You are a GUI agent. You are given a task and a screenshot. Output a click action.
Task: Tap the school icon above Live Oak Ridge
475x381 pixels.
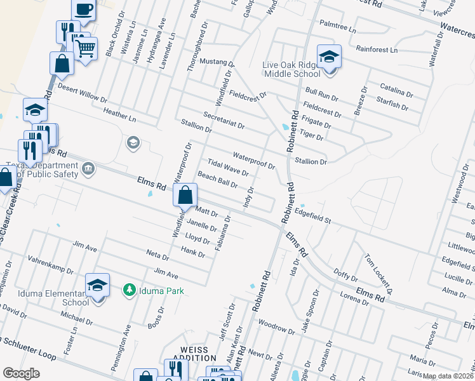click(x=329, y=57)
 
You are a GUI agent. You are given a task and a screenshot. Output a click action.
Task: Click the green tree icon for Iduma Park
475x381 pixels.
click(x=129, y=290)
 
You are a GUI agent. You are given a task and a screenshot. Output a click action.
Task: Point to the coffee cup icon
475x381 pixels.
click(x=84, y=10)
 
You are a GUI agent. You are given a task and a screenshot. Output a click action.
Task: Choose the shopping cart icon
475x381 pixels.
click(x=85, y=48)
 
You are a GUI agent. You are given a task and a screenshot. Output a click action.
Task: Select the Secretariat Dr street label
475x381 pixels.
click(x=224, y=120)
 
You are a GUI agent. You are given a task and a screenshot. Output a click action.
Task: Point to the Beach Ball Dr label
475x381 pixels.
click(x=218, y=180)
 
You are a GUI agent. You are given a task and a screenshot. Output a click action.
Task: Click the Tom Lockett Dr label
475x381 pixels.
click(x=379, y=273)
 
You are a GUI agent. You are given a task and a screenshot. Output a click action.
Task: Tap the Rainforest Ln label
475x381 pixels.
click(x=376, y=49)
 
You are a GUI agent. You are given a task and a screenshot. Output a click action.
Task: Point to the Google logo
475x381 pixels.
click(x=21, y=373)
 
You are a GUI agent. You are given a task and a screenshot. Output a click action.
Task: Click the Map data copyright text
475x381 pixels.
click(x=448, y=376)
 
